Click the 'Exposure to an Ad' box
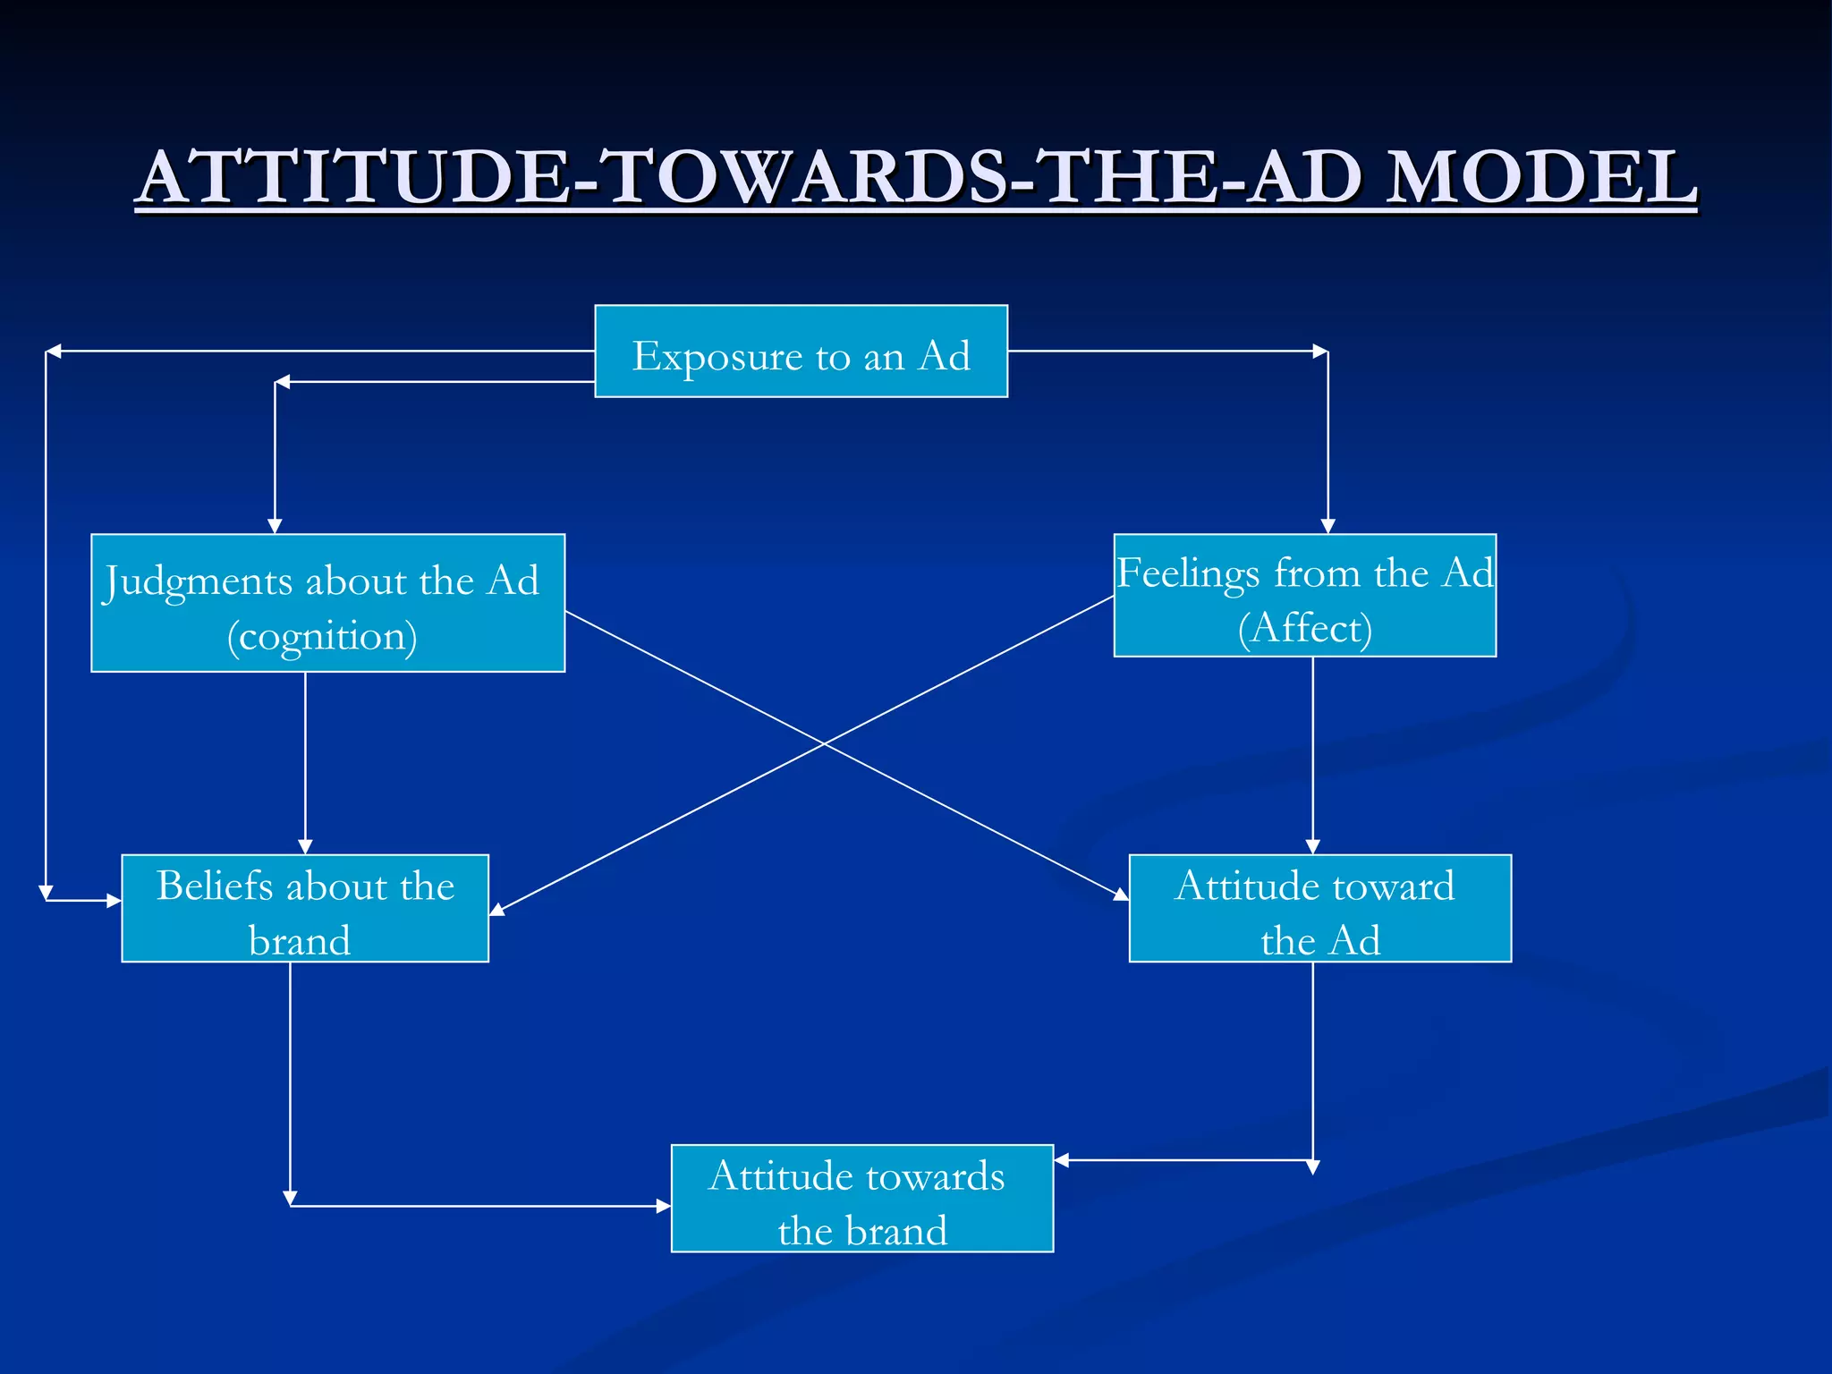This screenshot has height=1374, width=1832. pos(801,351)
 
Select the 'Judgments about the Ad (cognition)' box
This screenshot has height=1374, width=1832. pos(327,603)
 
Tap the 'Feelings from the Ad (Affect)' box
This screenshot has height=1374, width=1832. pos(1304,596)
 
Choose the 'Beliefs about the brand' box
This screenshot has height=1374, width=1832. pos(305,908)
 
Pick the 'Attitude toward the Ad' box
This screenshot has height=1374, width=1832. pos(1319,908)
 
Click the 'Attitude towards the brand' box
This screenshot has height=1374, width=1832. pos(861,1198)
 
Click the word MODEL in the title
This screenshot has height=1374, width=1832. pos(1540,177)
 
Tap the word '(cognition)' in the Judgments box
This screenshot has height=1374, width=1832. pos(322,637)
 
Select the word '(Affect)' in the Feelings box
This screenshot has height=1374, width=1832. pos(1304,628)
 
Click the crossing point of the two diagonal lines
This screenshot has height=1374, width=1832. pos(824,742)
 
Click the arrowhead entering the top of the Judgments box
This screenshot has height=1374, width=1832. pos(275,526)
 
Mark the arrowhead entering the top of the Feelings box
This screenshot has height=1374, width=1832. pos(1327,526)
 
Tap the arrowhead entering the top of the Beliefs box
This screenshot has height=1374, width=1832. pos(305,846)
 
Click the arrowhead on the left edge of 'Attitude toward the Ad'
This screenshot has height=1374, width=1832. pos(1121,894)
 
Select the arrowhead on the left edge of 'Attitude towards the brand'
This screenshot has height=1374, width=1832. pos(663,1206)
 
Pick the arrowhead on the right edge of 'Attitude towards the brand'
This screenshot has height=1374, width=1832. pos(1062,1160)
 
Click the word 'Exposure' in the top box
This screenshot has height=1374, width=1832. pos(717,356)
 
